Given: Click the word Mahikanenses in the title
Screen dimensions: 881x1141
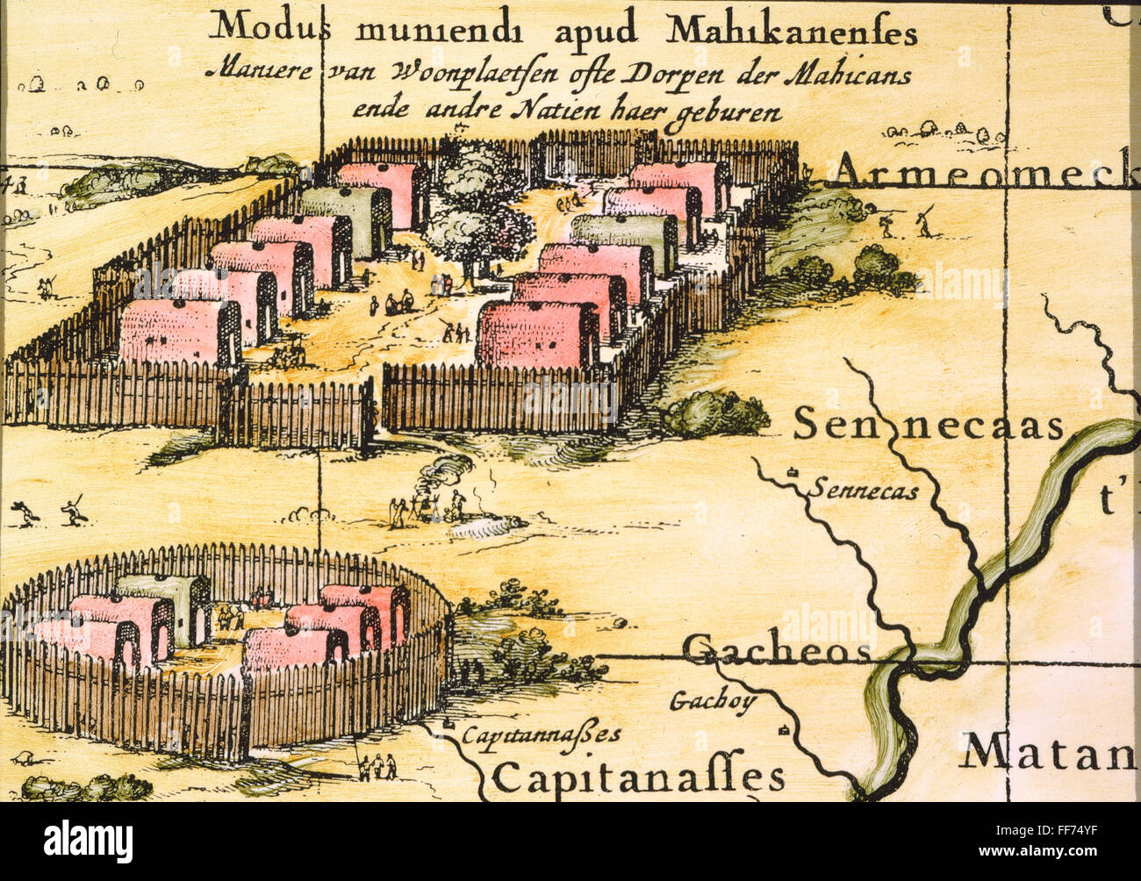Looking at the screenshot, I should (x=792, y=32).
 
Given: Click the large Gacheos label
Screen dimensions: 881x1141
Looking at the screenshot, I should (x=776, y=651).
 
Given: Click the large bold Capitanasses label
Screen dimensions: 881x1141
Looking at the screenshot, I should (x=638, y=777).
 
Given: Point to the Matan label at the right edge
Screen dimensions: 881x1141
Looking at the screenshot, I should (x=1048, y=753).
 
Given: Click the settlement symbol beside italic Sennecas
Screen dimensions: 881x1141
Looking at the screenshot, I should (x=793, y=472).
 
